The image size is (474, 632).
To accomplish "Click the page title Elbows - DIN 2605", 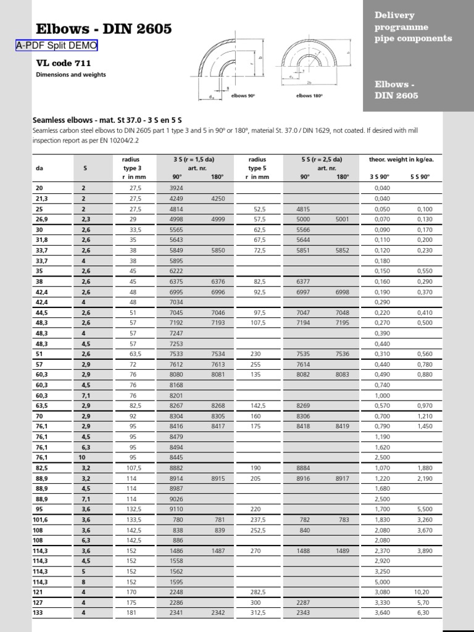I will pyautogui.click(x=104, y=29).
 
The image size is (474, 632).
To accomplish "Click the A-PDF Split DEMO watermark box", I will pyautogui.click(x=56, y=46).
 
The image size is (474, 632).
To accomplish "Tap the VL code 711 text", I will pyautogui.click(x=64, y=63).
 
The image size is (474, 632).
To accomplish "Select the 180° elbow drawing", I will pyautogui.click(x=312, y=62).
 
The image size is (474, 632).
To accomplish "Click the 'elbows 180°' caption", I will pyautogui.click(x=309, y=96).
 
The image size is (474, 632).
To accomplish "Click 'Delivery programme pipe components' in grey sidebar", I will pyautogui.click(x=413, y=27).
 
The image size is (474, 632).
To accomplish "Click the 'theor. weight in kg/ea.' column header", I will pyautogui.click(x=401, y=159).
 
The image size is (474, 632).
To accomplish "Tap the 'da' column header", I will pyautogui.click(x=39, y=167).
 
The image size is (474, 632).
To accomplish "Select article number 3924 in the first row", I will pyautogui.click(x=177, y=188).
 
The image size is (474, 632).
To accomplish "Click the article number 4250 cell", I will pyautogui.click(x=217, y=199).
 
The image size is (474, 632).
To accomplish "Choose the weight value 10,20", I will pyautogui.click(x=422, y=591).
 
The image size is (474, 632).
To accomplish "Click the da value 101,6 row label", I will pyautogui.click(x=40, y=520).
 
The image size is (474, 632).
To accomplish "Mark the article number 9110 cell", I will pyautogui.click(x=177, y=509).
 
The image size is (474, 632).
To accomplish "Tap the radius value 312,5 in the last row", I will pyautogui.click(x=257, y=612).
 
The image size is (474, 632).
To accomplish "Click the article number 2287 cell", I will pyautogui.click(x=304, y=602).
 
